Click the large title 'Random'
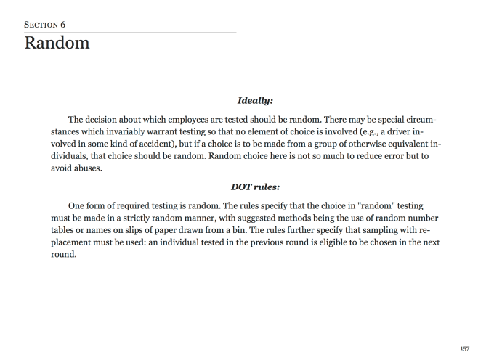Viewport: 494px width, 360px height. (57, 43)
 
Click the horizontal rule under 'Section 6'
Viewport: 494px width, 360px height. (131, 31)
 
